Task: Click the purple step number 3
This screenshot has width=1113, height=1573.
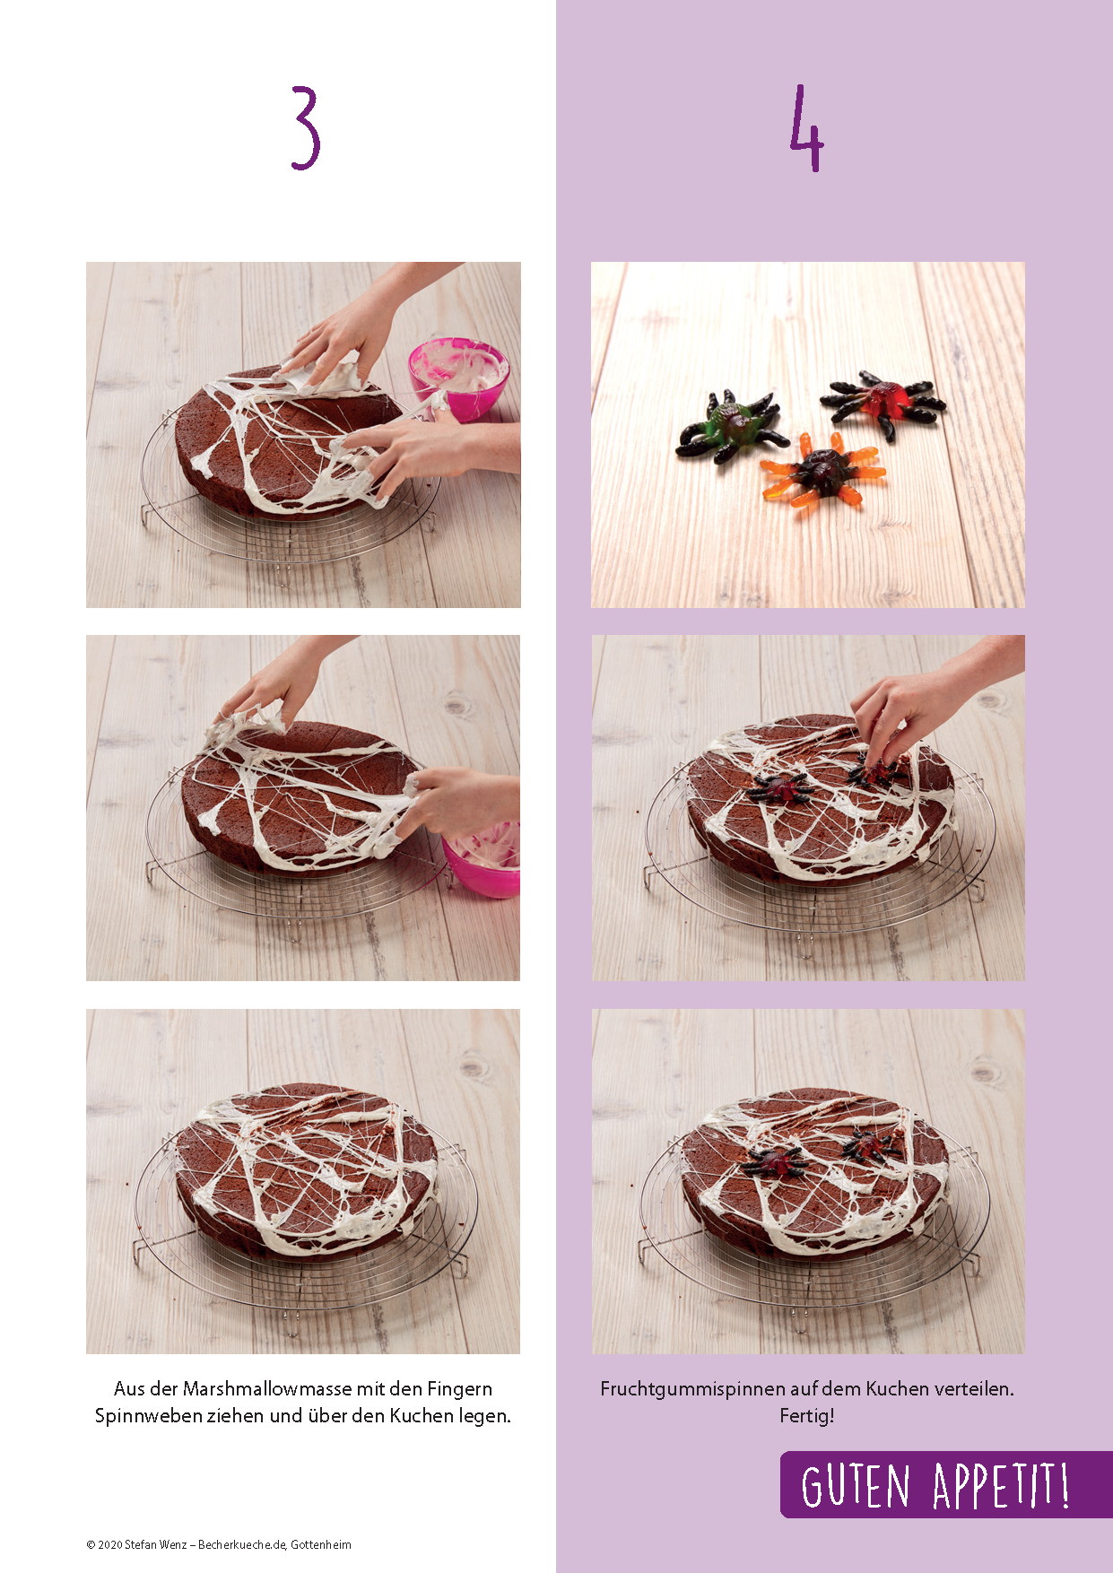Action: click(x=306, y=128)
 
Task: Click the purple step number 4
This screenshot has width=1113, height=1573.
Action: click(x=806, y=128)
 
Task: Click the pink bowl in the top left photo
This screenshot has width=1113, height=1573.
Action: click(x=458, y=378)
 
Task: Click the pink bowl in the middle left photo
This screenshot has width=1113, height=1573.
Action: click(x=483, y=860)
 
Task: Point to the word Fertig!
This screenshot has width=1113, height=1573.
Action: click(x=807, y=1416)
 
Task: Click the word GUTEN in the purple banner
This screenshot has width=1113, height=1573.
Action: click(x=855, y=1486)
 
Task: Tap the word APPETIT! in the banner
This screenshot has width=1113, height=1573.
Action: click(x=1001, y=1486)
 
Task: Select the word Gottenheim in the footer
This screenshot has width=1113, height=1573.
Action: click(x=321, y=1544)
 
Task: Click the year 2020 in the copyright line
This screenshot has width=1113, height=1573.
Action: click(x=109, y=1544)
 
